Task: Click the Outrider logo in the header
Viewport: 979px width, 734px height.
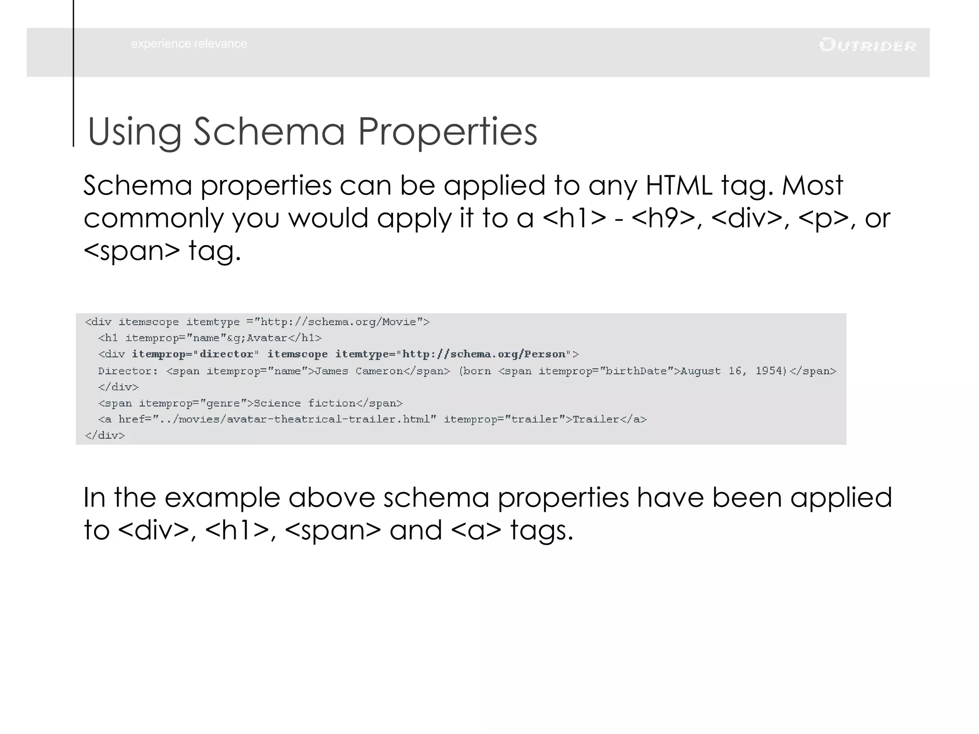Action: click(x=867, y=45)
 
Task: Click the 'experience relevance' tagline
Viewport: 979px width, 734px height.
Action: click(x=189, y=44)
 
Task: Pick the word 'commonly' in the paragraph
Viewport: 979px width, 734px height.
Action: click(x=153, y=218)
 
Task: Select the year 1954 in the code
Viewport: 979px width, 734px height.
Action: click(x=770, y=371)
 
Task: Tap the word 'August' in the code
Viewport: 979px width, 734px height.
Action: click(x=700, y=371)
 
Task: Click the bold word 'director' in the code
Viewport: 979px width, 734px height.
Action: click(x=226, y=354)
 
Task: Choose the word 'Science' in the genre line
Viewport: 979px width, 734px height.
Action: click(x=277, y=403)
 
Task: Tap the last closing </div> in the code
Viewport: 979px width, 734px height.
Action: click(x=105, y=435)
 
